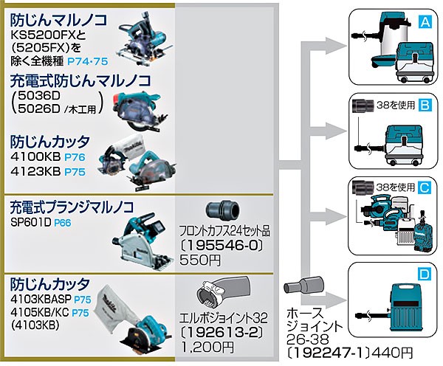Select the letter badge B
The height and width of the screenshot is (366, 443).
coord(425,106)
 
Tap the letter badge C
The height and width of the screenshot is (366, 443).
coord(425,188)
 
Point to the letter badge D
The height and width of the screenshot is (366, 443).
coord(425,274)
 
